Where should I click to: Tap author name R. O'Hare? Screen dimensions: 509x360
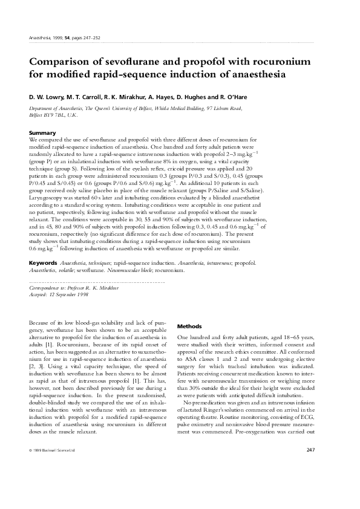tap(232, 97)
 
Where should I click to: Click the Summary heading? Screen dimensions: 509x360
tap(42, 132)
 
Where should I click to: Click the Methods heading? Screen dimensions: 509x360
tap(189, 326)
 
